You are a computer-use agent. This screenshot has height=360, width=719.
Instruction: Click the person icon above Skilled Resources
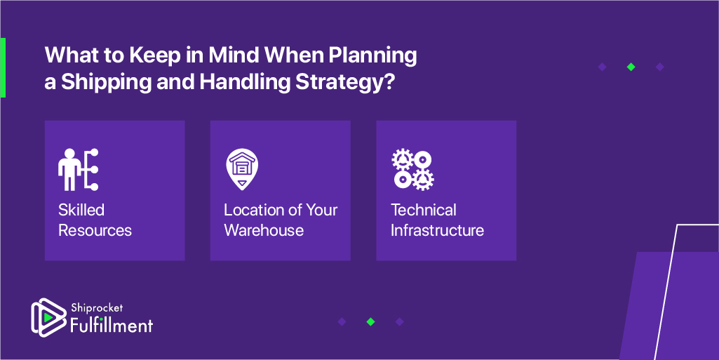[x=79, y=169]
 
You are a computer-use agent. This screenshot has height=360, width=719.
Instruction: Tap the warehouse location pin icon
[x=242, y=169]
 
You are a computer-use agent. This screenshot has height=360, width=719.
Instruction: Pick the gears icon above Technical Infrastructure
[x=412, y=170]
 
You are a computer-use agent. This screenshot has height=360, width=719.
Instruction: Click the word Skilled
[x=81, y=210]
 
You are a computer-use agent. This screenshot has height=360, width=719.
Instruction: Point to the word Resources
[x=95, y=229]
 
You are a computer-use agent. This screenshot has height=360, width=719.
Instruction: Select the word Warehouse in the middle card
[x=264, y=229]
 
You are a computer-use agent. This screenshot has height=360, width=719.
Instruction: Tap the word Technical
[x=423, y=210]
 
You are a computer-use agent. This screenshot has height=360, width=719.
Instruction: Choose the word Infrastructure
[x=438, y=229]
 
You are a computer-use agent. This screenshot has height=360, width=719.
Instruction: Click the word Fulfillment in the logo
[x=112, y=326]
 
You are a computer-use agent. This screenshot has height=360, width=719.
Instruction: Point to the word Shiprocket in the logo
[x=97, y=308]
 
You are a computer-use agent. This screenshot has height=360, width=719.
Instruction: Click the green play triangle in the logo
[x=48, y=317]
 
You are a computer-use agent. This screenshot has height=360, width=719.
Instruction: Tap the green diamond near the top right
[x=631, y=67]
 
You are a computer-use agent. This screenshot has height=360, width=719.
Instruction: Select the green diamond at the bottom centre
[x=370, y=322]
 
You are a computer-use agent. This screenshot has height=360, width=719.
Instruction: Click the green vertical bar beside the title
[x=3, y=67]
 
